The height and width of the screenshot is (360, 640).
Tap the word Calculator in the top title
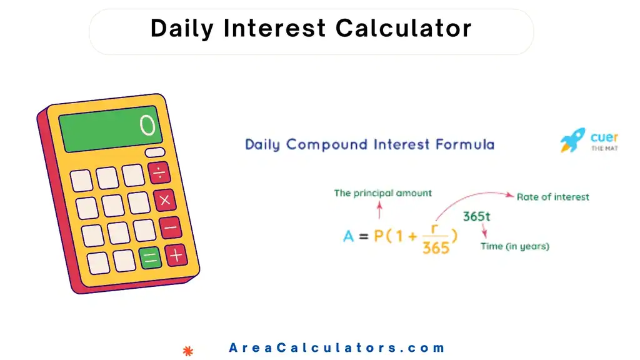click(x=404, y=29)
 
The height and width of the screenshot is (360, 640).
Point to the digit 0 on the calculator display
click(x=147, y=126)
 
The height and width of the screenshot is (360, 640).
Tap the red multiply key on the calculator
click(x=165, y=200)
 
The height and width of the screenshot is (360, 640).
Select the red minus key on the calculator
click(x=170, y=227)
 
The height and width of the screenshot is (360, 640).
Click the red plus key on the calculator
click(x=176, y=255)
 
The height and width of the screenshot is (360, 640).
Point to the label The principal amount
click(x=382, y=193)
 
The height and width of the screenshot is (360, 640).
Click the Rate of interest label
click(x=552, y=197)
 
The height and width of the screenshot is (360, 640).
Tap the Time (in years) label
click(x=514, y=246)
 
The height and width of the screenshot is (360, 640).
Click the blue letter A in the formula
click(x=349, y=236)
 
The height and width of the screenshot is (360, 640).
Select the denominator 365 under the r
click(x=436, y=247)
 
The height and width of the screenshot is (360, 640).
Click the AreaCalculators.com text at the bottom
click(x=337, y=348)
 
